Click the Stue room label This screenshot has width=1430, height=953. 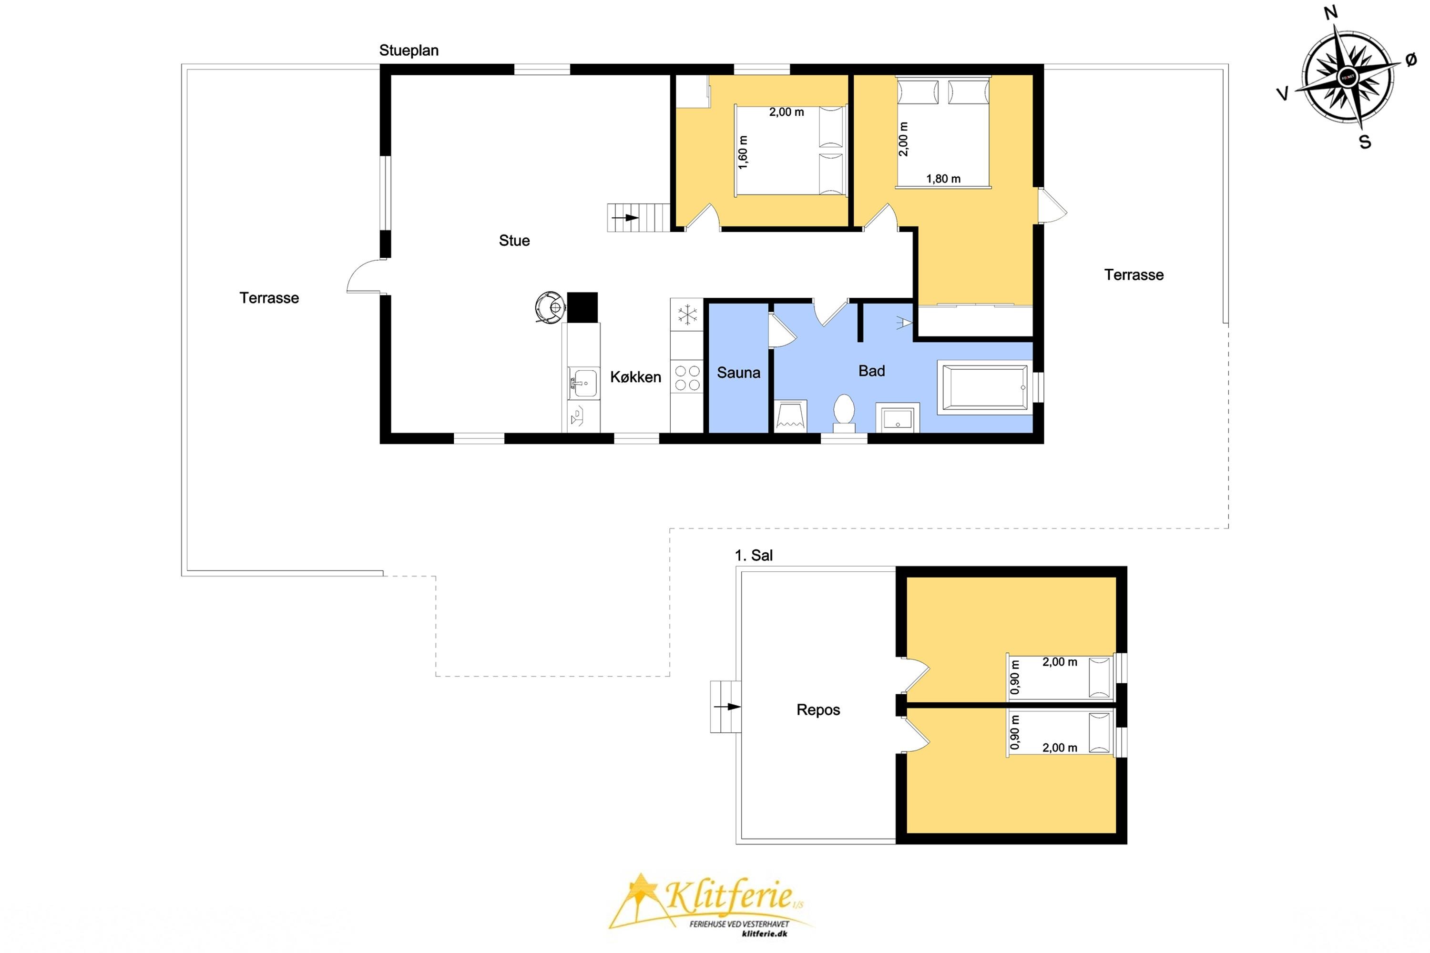514,241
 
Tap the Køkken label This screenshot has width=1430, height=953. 635,377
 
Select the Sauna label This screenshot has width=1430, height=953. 738,373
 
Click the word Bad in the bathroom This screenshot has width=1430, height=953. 871,371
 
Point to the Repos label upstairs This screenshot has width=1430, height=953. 818,710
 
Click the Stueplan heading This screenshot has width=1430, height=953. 409,51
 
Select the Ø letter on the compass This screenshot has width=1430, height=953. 1411,59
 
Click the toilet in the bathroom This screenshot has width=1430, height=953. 843,413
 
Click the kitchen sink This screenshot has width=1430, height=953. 582,383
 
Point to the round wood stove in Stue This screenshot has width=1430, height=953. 550,307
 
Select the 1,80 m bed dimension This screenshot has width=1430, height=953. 943,179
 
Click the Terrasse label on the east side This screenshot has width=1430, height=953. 1134,275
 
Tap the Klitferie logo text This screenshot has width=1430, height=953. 729,896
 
